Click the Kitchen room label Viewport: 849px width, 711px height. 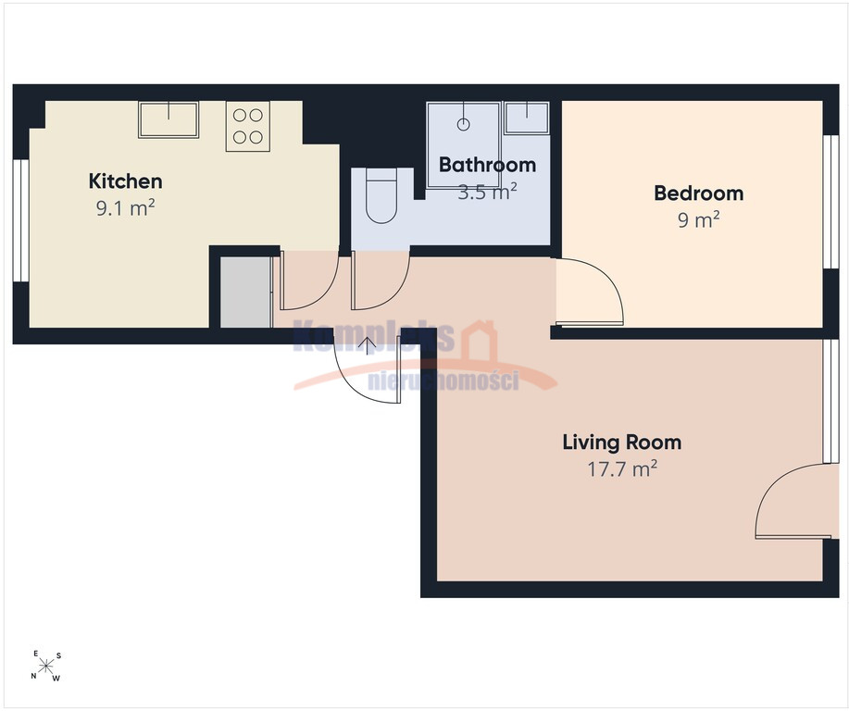(x=125, y=181)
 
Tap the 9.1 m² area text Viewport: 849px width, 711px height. (x=126, y=207)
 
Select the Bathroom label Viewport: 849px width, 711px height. (x=487, y=165)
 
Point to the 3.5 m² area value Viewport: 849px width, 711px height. (x=487, y=191)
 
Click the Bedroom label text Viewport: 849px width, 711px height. (x=698, y=193)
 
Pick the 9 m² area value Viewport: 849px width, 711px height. (x=698, y=219)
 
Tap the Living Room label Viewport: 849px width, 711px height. (x=621, y=442)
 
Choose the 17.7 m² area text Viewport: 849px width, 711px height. (x=622, y=468)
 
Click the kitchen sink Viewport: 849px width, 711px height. (x=169, y=119)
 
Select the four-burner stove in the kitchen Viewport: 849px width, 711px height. (x=248, y=126)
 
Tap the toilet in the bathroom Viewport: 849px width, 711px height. (x=381, y=195)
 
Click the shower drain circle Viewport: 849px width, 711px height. (x=464, y=124)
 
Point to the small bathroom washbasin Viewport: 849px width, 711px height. (x=526, y=118)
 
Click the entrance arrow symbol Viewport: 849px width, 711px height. (x=368, y=345)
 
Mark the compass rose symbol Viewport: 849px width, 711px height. (x=46, y=666)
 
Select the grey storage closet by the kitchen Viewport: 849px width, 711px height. (x=245, y=292)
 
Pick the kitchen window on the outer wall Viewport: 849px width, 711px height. (x=20, y=220)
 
